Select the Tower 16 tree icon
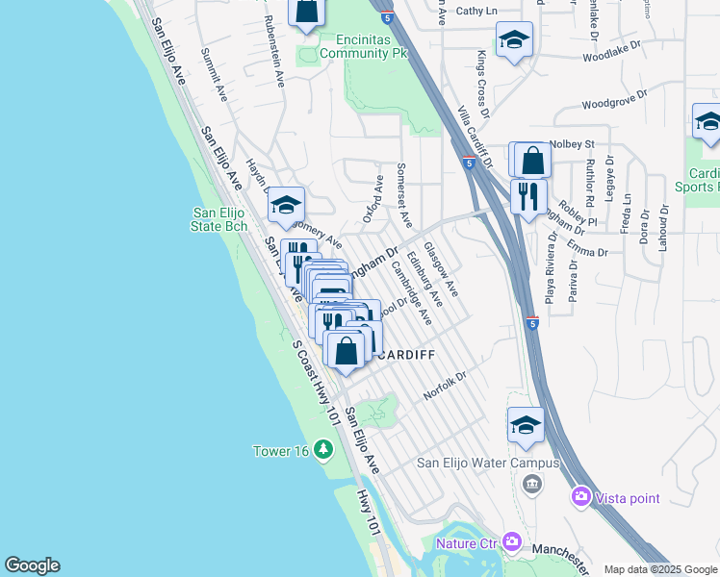point(323,450)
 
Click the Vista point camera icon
point(581,496)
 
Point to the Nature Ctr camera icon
point(511,542)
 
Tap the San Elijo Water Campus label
point(487,463)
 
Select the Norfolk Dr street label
point(445,386)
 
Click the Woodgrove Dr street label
point(617,103)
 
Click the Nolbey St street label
point(575,144)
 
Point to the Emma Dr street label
point(588,252)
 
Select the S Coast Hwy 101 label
point(317,382)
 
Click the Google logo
point(32,565)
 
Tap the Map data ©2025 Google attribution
point(661,569)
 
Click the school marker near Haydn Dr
point(286,205)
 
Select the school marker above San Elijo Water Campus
point(526,425)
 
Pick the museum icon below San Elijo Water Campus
point(530,482)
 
